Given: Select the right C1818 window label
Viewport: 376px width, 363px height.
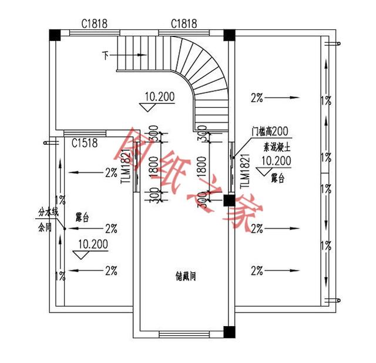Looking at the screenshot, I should (x=183, y=23).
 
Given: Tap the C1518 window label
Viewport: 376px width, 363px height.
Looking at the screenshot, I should (x=85, y=143).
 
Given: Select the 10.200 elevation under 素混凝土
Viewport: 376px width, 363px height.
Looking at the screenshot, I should (x=276, y=160).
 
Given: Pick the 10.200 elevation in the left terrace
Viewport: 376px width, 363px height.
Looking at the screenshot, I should (x=92, y=243).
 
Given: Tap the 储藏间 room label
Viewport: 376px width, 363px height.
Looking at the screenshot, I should (x=185, y=274).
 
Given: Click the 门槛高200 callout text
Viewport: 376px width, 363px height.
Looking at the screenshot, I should (x=267, y=132).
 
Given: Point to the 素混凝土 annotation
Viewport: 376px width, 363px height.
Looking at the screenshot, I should (x=274, y=146).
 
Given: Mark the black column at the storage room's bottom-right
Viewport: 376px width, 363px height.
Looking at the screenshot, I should (x=229, y=335).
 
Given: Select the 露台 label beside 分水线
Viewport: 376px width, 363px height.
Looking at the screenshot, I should (x=82, y=218).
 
